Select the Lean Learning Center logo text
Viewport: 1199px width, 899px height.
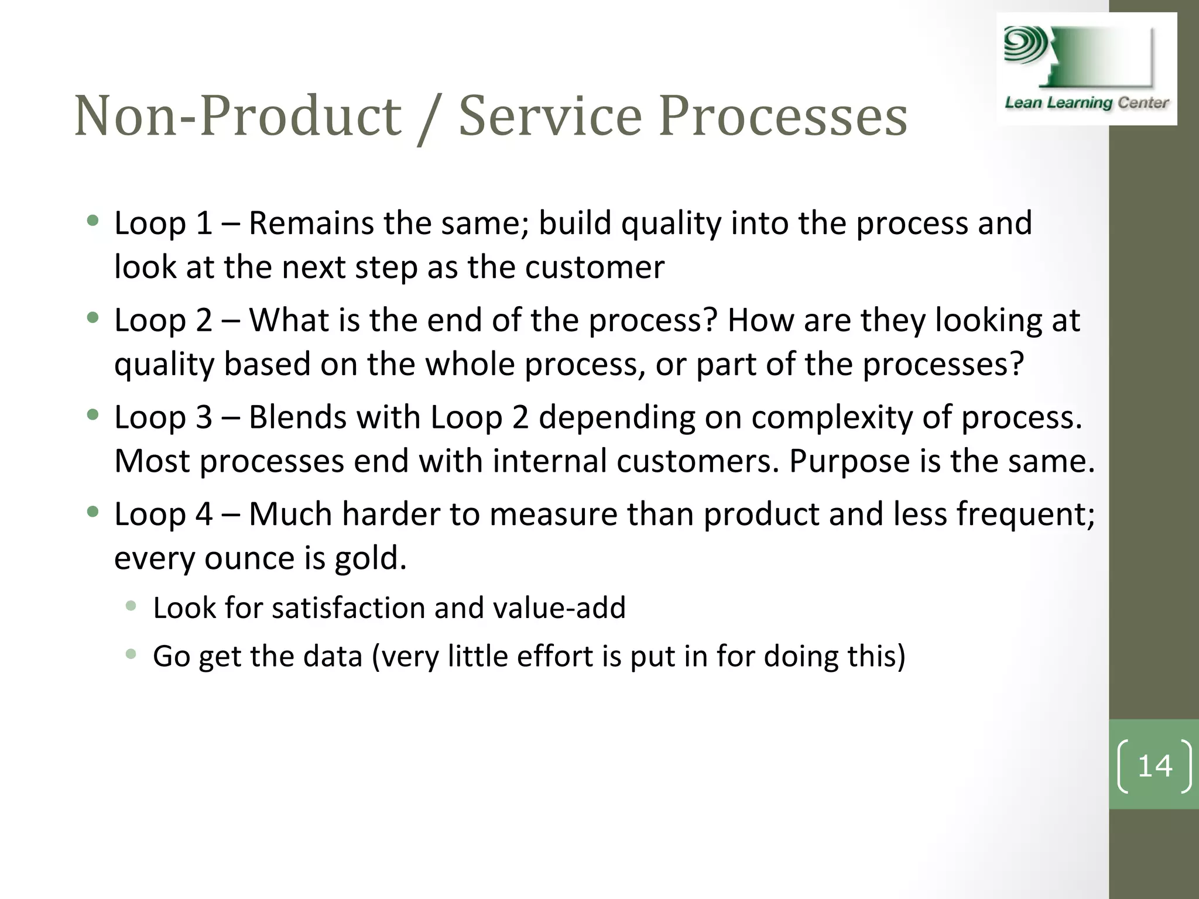(1087, 103)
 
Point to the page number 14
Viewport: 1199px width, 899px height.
(1155, 766)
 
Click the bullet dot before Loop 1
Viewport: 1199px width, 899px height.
(93, 221)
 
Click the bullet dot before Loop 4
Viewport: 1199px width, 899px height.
(93, 512)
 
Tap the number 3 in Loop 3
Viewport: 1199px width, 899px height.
(203, 417)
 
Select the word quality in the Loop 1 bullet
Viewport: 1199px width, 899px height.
(671, 224)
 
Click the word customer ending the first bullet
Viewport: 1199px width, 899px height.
(594, 268)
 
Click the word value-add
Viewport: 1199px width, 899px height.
(559, 608)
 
